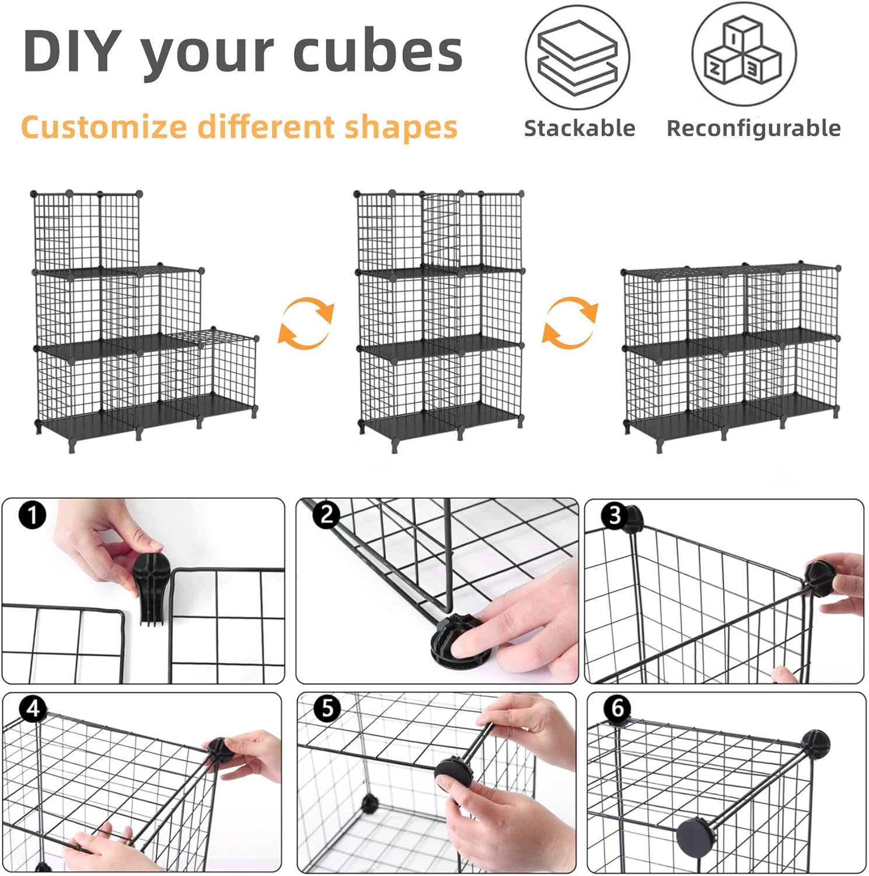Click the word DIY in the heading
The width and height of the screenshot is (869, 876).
point(72,50)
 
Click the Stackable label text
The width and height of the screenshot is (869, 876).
point(580,128)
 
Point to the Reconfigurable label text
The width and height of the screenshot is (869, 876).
point(753,128)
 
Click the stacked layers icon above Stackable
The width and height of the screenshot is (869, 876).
point(577,57)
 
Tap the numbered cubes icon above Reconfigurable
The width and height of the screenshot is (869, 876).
point(744,54)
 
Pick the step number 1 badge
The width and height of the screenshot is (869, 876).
point(32,515)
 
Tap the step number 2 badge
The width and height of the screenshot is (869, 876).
point(326,515)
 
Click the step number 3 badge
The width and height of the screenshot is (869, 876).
point(615,516)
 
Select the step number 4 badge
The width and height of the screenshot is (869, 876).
point(33,708)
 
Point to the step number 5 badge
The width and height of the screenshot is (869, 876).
point(327,708)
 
